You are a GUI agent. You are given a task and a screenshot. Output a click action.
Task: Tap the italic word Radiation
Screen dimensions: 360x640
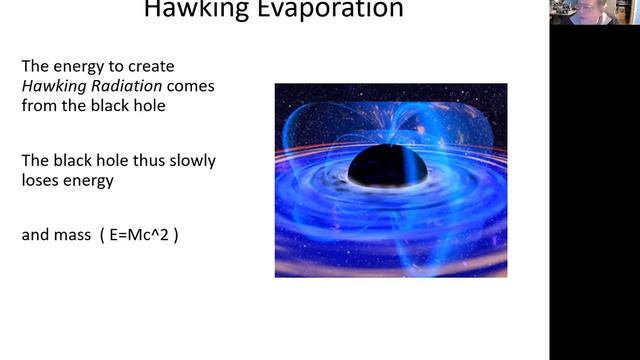(x=120, y=86)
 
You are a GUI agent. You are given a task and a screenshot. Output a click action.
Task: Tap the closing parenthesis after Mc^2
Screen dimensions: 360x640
(x=176, y=237)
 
